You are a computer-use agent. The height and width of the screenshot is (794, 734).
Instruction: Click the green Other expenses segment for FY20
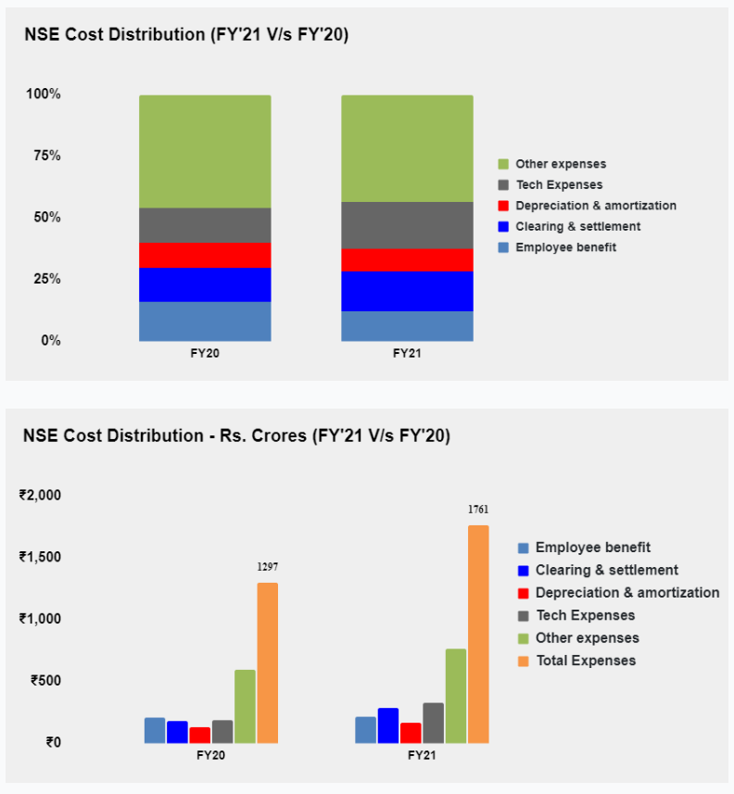coord(205,151)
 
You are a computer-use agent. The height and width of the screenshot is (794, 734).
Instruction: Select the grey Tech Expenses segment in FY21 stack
coord(407,225)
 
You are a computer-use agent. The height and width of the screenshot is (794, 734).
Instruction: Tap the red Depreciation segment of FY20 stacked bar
coord(205,255)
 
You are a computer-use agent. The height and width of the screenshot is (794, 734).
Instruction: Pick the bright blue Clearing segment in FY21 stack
coord(407,291)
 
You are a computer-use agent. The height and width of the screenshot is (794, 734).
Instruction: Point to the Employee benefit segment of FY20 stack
coord(205,321)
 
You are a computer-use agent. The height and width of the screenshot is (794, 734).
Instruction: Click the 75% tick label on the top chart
coord(43,156)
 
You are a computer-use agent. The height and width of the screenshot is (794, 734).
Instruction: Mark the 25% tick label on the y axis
coord(43,279)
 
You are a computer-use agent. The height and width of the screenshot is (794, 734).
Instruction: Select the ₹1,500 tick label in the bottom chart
coord(40,557)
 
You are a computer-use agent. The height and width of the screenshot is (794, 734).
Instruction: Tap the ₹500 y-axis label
coord(45,680)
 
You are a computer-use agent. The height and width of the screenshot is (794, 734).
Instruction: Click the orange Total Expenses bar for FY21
coord(478,634)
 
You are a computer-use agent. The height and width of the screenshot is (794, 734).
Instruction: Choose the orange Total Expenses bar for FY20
coord(267,662)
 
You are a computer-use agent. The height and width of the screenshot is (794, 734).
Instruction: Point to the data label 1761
coord(478,510)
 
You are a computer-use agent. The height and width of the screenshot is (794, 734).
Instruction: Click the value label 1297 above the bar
coord(267,566)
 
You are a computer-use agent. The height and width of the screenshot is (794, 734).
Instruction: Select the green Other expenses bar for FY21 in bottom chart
coord(456,695)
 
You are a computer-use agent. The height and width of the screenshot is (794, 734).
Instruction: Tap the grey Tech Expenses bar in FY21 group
coord(433,723)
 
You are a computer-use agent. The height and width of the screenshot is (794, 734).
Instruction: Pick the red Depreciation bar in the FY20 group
coord(199,735)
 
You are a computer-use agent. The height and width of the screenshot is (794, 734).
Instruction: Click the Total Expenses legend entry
coord(585,661)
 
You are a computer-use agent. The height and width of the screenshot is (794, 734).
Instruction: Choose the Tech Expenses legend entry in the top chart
coord(559,184)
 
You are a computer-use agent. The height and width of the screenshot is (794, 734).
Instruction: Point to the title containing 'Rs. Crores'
coord(236,435)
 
